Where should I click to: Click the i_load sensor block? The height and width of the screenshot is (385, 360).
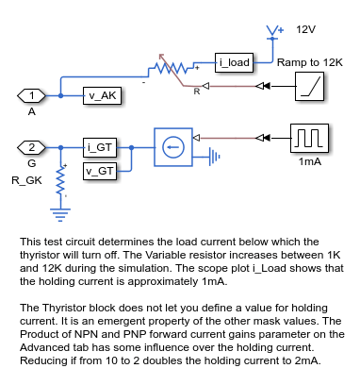coord(234,63)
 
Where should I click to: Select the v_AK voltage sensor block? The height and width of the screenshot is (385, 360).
coord(103,95)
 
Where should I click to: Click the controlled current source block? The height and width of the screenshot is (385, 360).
coord(171,147)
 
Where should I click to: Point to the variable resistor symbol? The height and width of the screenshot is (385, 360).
coord(170,69)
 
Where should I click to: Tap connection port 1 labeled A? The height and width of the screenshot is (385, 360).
coord(32,95)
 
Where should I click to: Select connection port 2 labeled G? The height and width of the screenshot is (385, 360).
coord(32,147)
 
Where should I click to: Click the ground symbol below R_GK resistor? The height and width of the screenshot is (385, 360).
coord(61,213)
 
